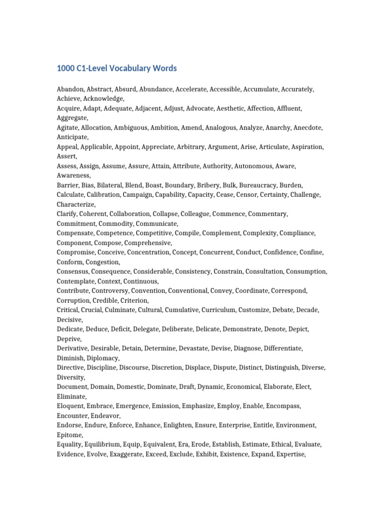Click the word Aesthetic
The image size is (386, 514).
(246, 108)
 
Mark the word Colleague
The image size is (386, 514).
(194, 214)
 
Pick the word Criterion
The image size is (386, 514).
(133, 301)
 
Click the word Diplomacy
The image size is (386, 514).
(103, 358)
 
